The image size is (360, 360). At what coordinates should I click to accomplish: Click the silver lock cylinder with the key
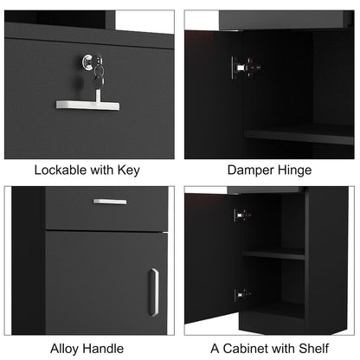(x=89, y=61)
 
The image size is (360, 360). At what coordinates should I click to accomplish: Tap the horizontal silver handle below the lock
(x=87, y=105)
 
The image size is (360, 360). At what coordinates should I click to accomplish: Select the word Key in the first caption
(x=129, y=170)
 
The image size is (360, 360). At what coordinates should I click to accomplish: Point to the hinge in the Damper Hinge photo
(x=245, y=67)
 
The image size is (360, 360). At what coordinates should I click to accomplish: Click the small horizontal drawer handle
(x=110, y=202)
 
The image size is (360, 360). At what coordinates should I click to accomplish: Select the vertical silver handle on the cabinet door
(x=153, y=292)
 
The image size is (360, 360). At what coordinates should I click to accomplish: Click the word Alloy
(x=63, y=349)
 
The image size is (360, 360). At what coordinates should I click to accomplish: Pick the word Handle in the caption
(x=101, y=349)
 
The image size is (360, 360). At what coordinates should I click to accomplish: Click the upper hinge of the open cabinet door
(x=242, y=215)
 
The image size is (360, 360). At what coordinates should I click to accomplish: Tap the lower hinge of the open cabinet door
(x=242, y=295)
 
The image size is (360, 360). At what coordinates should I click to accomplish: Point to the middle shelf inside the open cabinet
(x=273, y=254)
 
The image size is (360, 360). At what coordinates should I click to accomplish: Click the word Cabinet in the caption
(x=244, y=349)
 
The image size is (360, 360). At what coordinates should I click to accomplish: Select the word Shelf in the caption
(x=314, y=349)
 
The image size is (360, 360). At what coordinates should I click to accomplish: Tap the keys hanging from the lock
(x=99, y=73)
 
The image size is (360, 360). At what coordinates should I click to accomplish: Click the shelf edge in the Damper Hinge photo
(x=299, y=137)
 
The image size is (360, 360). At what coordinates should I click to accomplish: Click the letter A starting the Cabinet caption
(x=215, y=349)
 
